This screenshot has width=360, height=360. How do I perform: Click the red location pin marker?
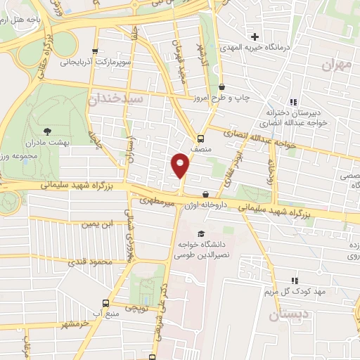coord(181,166)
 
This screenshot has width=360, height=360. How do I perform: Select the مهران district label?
coord(336,65)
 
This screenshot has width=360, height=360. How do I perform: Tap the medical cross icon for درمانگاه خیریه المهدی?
coord(255,36)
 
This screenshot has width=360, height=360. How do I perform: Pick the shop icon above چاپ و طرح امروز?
coord(221,86)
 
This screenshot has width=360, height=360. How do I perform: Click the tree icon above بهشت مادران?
coord(47,131)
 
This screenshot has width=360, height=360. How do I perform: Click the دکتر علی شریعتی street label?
coord(166,309)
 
